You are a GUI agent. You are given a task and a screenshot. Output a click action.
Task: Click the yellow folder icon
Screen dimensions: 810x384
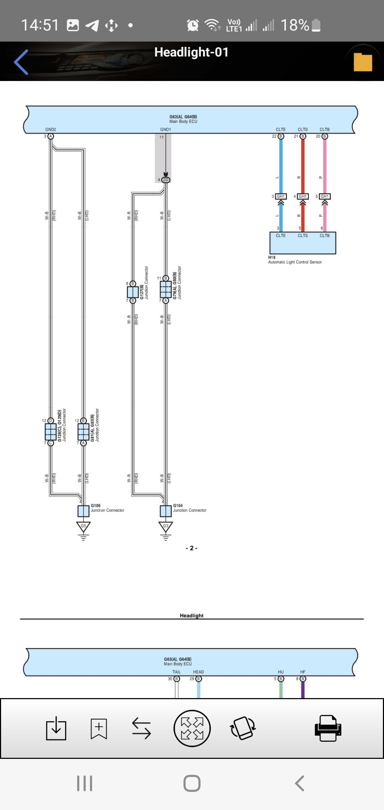[363, 62]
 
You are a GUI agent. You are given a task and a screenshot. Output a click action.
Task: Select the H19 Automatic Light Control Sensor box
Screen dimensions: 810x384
[303, 243]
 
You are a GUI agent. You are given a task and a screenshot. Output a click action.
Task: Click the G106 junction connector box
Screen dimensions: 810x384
[83, 511]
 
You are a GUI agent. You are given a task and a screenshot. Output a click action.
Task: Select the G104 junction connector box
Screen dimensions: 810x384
[165, 511]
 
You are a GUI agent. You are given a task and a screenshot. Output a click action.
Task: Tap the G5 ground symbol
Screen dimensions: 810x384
[83, 526]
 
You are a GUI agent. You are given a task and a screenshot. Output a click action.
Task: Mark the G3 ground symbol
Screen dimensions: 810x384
[165, 526]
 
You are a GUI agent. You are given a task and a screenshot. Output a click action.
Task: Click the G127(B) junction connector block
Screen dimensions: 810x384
[133, 292]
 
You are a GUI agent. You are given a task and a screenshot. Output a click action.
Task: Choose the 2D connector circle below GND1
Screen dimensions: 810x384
[165, 180]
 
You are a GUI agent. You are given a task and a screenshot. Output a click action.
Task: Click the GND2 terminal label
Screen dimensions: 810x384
[50, 130]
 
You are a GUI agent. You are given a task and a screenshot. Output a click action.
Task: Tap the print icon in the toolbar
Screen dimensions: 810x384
[328, 728]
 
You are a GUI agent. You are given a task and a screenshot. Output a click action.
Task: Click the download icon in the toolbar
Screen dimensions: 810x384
[56, 729]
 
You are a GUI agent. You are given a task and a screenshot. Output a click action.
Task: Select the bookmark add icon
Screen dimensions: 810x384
[98, 728]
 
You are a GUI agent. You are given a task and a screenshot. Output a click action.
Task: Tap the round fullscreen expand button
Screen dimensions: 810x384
[192, 728]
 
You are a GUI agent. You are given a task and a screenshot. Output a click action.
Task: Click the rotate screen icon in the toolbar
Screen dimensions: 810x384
[243, 728]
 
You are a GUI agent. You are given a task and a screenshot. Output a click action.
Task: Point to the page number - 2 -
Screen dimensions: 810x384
[192, 548]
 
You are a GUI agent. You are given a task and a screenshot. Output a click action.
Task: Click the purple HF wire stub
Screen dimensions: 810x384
[303, 690]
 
